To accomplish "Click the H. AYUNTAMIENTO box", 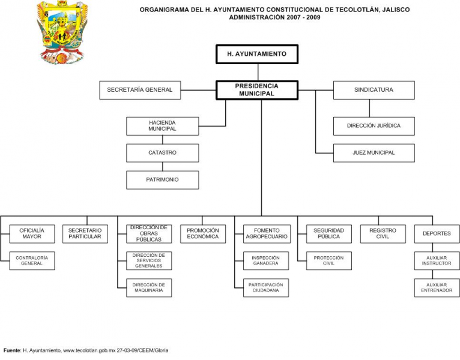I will tap(256, 54).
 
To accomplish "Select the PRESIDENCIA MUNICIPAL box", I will tap(256, 90).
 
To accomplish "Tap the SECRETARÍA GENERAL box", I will tap(139, 90).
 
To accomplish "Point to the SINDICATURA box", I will tap(374, 90).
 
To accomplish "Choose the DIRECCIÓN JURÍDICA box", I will tap(374, 126).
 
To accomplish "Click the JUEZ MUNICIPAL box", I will tap(374, 153).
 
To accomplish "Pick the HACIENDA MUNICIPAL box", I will tap(162, 126).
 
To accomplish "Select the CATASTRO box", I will tap(162, 153).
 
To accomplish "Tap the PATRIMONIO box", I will tap(162, 180).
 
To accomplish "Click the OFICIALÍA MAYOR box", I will tap(31, 233).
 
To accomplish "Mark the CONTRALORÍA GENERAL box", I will tap(31, 260).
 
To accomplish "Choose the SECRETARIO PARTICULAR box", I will tap(85, 233).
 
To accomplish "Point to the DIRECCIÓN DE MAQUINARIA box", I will tap(148, 287).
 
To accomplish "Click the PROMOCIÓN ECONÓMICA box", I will tap(202, 233).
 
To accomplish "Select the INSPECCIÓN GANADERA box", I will tap(265, 260).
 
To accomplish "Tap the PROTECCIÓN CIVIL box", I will tap(328, 260).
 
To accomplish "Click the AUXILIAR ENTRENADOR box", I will tap(437, 287).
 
